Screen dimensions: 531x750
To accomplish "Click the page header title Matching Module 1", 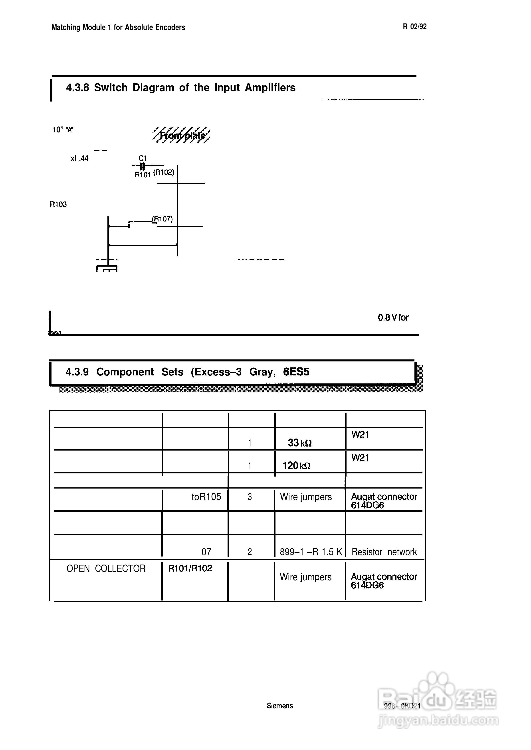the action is point(118,28).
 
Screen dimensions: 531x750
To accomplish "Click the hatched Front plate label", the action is point(182,135).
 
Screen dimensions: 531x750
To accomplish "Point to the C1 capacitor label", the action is point(143,158).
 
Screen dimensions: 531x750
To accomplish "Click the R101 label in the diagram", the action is point(143,175).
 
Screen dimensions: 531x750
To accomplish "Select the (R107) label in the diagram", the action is point(162,219).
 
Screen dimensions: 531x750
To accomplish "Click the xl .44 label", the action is point(79,159).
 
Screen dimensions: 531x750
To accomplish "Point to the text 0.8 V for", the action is point(393,317).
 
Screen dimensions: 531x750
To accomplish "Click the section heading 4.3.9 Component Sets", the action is point(187,372).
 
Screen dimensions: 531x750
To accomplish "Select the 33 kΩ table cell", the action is point(299,443).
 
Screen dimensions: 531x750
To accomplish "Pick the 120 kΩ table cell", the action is point(296,466).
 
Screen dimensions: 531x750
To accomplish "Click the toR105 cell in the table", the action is point(206,497).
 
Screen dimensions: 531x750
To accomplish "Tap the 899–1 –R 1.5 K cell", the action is point(311,552).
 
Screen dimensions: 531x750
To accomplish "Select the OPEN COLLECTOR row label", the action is point(106,569).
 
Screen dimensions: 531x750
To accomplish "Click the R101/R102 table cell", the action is point(190,568).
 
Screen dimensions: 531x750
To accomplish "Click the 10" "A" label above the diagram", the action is point(63,130).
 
